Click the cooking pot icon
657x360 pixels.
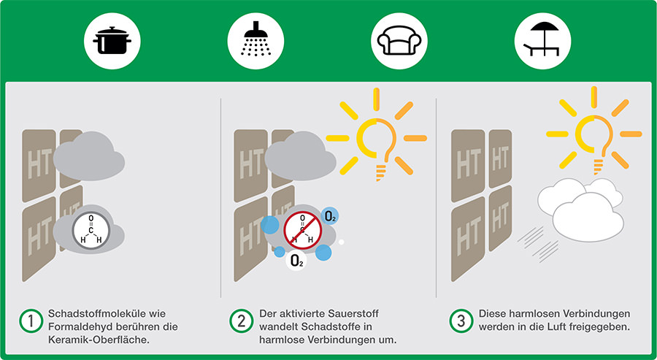pyautogui.click(x=112, y=41)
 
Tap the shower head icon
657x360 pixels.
pyautogui.click(x=255, y=39)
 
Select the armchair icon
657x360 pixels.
pyautogui.click(x=399, y=41)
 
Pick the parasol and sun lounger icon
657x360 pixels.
pyautogui.click(x=542, y=39)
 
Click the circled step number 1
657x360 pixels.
pyautogui.click(x=31, y=322)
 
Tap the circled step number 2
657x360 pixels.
pyautogui.click(x=242, y=321)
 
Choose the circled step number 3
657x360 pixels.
pyautogui.click(x=461, y=321)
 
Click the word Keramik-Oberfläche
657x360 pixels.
pyautogui.click(x=99, y=340)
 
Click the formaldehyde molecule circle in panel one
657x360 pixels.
pyautogui.click(x=91, y=231)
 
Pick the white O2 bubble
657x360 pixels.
pyautogui.click(x=296, y=261)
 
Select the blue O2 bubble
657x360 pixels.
pyautogui.click(x=330, y=216)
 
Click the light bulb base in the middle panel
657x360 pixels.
pyautogui.click(x=380, y=172)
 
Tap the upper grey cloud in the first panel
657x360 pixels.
pyautogui.click(x=89, y=156)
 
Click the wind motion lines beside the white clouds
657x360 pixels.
pyautogui.click(x=537, y=244)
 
